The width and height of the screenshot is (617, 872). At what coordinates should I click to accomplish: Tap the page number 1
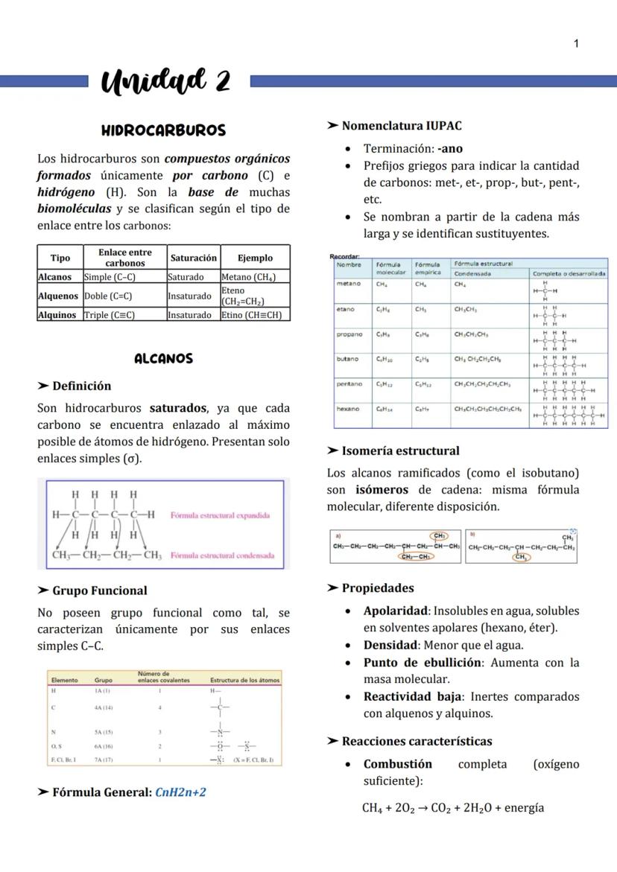click(x=576, y=44)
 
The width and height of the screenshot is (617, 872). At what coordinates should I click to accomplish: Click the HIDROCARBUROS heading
click(x=163, y=130)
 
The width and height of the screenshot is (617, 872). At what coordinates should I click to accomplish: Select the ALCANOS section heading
click(x=163, y=359)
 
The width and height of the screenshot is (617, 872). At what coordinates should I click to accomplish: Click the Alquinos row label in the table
click(x=57, y=315)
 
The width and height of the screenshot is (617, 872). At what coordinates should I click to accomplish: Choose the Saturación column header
click(x=193, y=258)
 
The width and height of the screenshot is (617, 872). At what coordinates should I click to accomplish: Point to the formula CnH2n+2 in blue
click(x=180, y=792)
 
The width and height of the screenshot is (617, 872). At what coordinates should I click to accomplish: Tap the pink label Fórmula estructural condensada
click(x=222, y=556)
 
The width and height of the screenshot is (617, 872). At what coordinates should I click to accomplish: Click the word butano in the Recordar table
click(x=347, y=359)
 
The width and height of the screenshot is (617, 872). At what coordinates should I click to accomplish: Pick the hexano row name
click(x=348, y=409)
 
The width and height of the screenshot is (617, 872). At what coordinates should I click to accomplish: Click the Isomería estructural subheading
click(x=400, y=451)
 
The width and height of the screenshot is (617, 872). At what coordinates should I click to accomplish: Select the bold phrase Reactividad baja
click(x=408, y=697)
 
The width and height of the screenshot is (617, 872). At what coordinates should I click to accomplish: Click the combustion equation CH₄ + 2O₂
click(x=452, y=808)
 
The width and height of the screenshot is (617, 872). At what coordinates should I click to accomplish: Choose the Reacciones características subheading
click(x=417, y=741)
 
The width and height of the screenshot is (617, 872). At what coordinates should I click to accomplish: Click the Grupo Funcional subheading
click(x=99, y=591)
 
